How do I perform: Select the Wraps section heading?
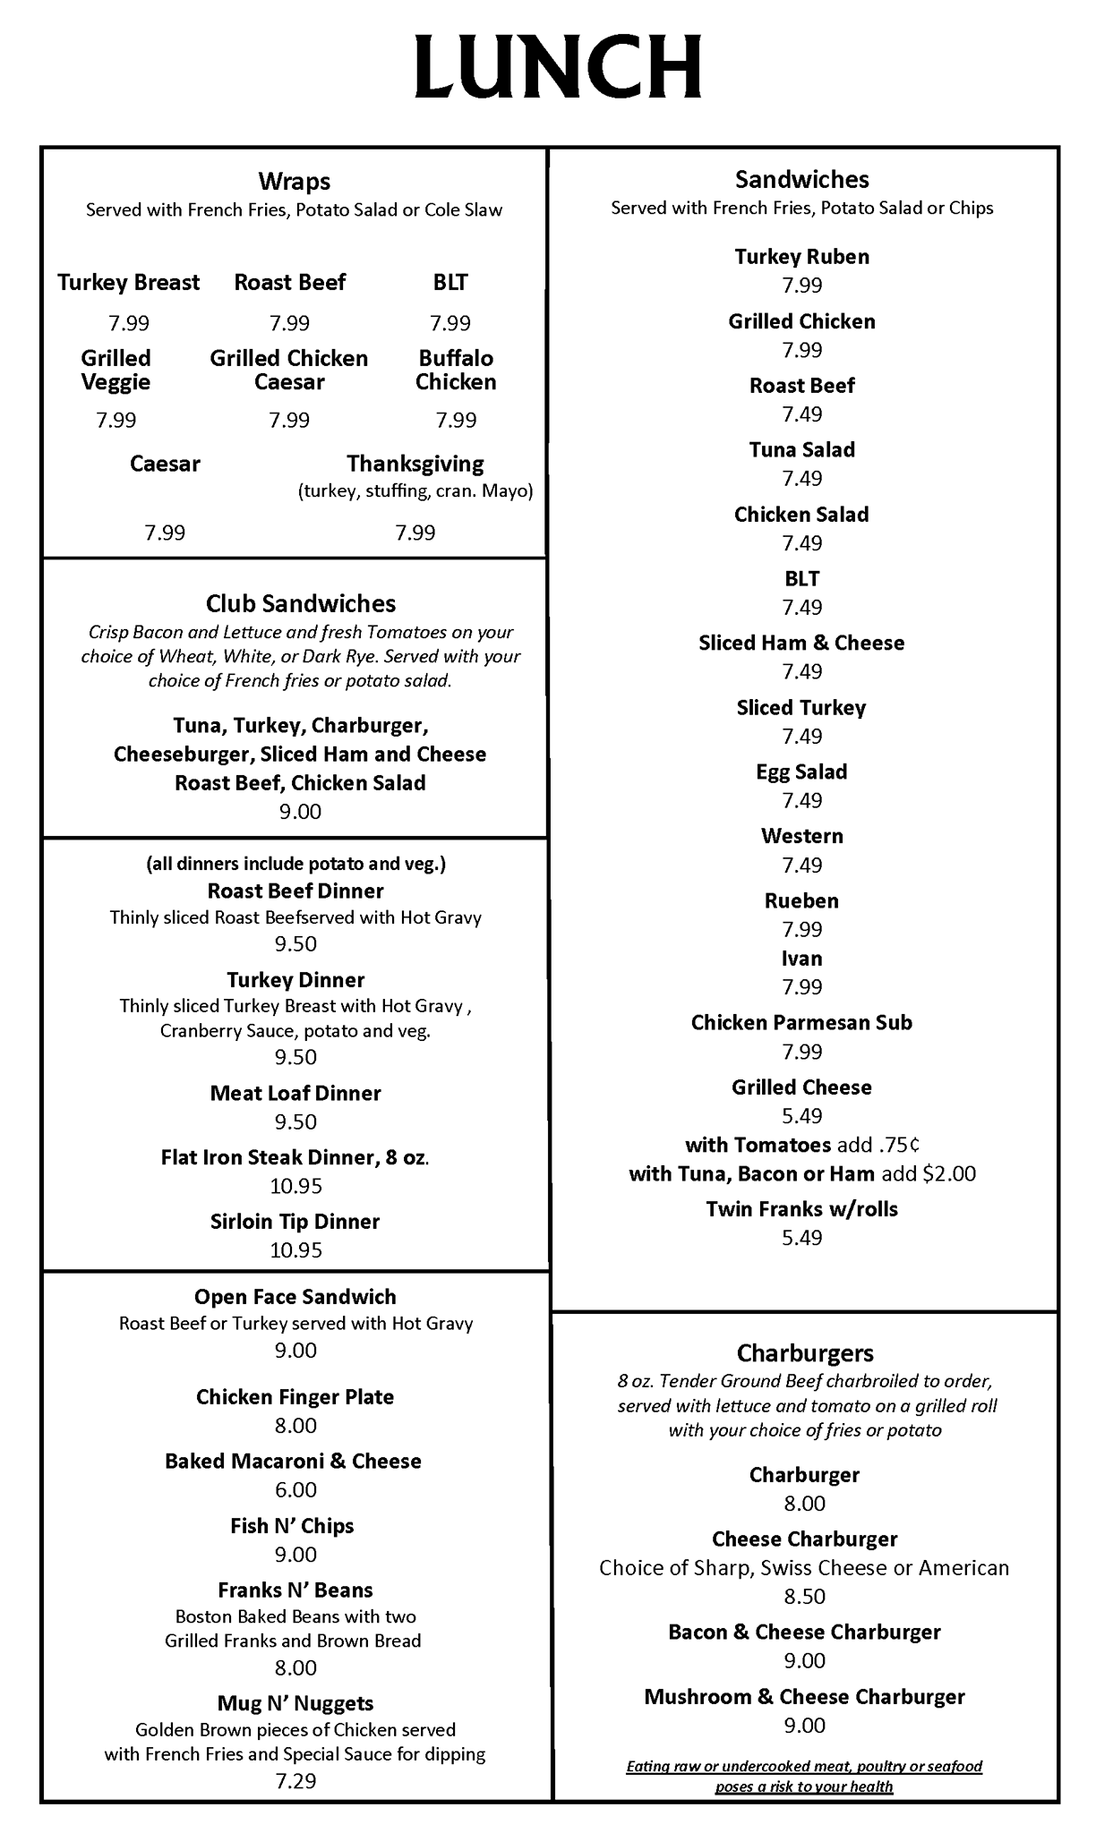point(294,182)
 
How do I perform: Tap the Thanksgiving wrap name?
point(415,464)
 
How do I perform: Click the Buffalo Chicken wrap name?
point(456,370)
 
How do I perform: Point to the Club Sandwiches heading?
point(301,603)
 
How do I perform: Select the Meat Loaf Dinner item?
point(295,1093)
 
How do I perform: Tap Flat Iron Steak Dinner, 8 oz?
point(295,1157)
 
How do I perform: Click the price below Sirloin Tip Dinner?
point(295,1250)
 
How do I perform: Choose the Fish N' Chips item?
point(292,1526)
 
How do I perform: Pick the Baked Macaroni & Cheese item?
point(293,1462)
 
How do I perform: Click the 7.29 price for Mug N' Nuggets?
point(295,1780)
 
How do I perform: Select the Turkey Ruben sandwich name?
point(801,257)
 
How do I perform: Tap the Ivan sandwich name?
point(801,959)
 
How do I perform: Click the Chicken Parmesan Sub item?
point(801,1023)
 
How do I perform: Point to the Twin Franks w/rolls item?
point(801,1209)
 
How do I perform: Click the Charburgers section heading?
point(805,1352)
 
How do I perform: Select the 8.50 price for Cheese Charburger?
point(804,1597)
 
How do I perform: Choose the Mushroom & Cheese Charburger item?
point(804,1697)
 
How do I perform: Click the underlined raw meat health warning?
point(804,1777)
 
